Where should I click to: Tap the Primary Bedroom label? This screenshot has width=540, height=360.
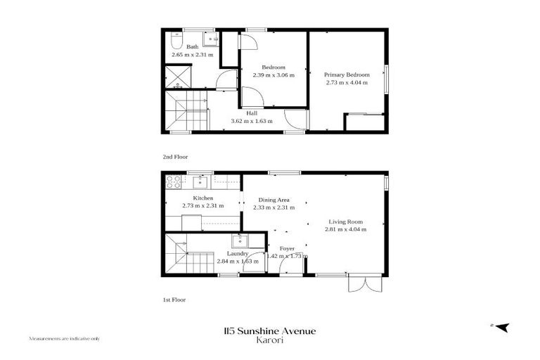[x=347, y=74]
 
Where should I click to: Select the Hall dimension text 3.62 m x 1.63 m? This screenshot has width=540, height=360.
[x=252, y=121]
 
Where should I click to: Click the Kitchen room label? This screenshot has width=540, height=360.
[x=193, y=198]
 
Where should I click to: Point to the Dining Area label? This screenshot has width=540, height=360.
[x=274, y=199]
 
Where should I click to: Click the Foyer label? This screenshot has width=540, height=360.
[x=288, y=248]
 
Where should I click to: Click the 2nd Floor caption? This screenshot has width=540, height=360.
[x=175, y=156]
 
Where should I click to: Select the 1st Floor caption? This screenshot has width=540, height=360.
[x=174, y=300]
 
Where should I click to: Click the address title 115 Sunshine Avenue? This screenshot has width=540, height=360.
[x=269, y=330]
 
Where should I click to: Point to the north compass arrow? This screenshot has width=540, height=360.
[x=501, y=327]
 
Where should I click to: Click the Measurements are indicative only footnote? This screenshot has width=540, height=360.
[x=64, y=338]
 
